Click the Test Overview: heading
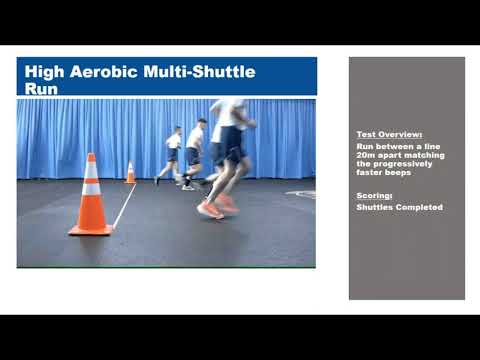click(x=389, y=134)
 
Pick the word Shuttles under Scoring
click(x=376, y=207)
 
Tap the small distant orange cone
click(x=130, y=173)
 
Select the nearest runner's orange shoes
click(x=218, y=208)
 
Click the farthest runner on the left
click(x=171, y=155)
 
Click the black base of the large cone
click(x=90, y=231)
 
